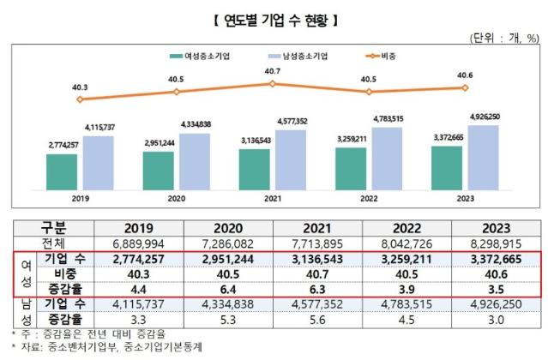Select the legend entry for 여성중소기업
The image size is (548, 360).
coord(199,55)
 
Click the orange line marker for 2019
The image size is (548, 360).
coord(80,99)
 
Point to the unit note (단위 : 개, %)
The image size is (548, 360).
coord(504,38)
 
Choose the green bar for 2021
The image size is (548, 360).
coord(255,169)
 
